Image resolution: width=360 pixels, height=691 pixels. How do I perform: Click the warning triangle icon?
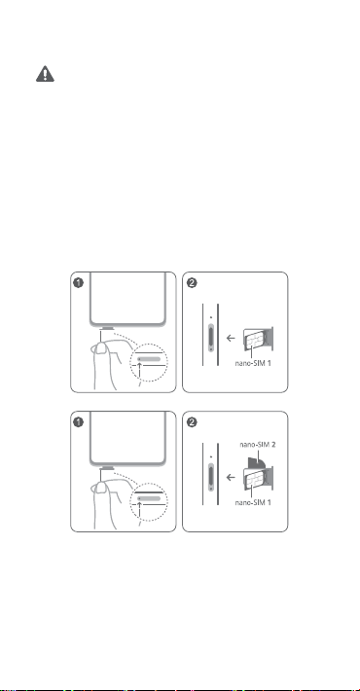point(45,74)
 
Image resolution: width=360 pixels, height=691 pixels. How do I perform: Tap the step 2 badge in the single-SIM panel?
point(192,283)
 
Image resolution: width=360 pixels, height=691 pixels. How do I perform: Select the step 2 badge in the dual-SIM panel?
point(192,422)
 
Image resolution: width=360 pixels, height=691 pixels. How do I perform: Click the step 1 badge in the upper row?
point(78,283)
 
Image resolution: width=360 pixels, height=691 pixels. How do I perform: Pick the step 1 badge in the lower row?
point(78,422)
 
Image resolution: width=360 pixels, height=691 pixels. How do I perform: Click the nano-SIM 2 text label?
point(258,444)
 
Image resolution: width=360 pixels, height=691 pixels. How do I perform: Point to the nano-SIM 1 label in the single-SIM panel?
point(253,363)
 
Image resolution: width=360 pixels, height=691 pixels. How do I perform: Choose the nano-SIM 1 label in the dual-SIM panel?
point(253,502)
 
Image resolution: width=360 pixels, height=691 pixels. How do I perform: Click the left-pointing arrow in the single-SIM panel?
point(230,339)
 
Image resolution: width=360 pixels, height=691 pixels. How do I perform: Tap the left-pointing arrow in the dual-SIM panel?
point(230,478)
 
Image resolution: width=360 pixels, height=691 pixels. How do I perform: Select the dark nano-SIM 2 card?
point(256,462)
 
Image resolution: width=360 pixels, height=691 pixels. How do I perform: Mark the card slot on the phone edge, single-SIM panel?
point(211,338)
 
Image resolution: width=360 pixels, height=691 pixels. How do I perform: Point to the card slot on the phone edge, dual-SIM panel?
point(211,477)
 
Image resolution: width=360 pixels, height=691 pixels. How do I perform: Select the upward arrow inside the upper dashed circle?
point(140,370)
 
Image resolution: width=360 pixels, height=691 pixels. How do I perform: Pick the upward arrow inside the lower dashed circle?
point(140,509)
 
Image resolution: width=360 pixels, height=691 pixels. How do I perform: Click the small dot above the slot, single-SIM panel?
point(211,317)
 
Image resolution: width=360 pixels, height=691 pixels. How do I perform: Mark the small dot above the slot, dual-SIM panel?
point(211,456)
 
